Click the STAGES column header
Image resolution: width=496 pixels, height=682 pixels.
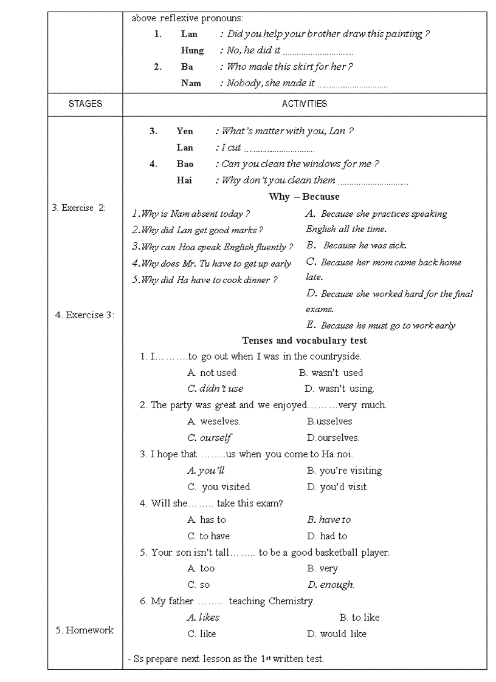point(85,104)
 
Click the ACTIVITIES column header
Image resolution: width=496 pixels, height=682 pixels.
point(304,104)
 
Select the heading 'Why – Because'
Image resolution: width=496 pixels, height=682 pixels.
point(304,197)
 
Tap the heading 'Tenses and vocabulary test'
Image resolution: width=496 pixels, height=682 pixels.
point(304,341)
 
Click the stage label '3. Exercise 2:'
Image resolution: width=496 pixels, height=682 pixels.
point(78,208)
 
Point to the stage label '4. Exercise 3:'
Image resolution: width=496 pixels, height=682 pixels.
point(84,315)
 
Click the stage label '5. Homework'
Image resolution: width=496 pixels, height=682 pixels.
point(84,630)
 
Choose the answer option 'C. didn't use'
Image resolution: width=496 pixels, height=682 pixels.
point(215,389)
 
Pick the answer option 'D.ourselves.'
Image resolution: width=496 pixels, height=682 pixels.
point(333,438)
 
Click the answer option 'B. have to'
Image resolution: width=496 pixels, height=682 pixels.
point(329,520)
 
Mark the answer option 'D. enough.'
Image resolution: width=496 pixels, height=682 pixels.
point(331,585)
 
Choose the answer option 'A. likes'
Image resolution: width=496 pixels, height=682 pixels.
point(204,618)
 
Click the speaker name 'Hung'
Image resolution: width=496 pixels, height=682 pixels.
point(192,50)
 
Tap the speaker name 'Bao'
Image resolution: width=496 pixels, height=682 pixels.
point(185,164)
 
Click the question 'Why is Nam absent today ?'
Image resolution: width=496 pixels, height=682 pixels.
point(191,214)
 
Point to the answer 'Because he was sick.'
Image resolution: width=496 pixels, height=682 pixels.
point(364,246)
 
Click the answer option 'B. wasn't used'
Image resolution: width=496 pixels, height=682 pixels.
point(331,373)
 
